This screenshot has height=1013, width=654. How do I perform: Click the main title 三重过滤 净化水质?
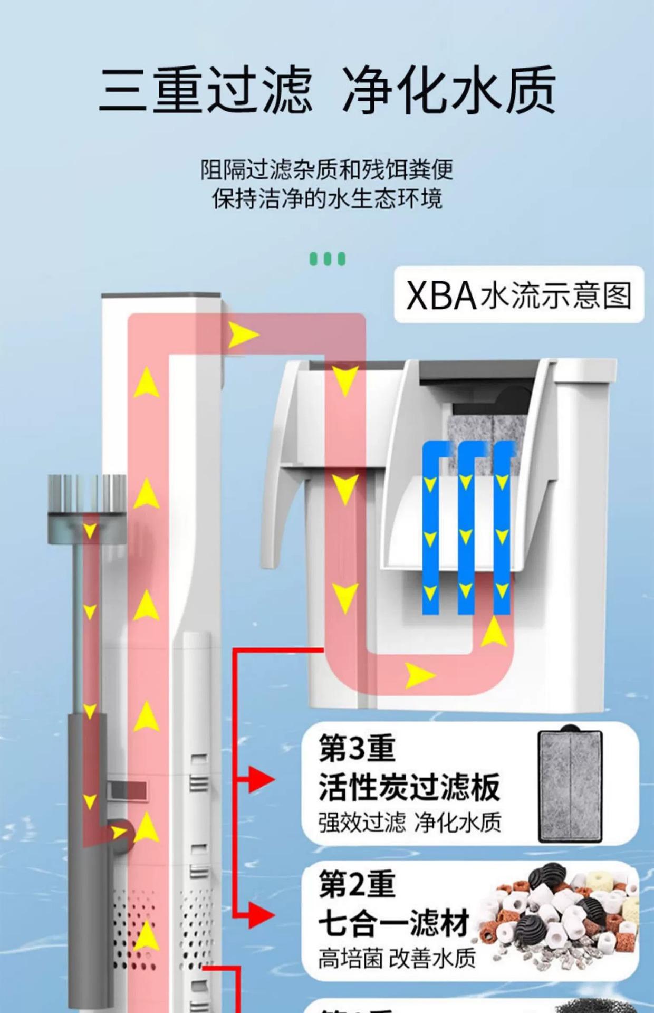327,90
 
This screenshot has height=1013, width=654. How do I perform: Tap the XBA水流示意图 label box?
519,295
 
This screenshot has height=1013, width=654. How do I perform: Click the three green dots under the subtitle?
327,259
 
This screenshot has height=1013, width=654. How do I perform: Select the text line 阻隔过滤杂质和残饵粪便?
327,170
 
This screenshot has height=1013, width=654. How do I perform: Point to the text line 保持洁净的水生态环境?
327,199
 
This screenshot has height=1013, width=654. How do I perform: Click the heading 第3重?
357,749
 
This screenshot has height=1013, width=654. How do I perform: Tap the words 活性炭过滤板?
409,787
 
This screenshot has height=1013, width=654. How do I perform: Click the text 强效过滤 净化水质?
409,823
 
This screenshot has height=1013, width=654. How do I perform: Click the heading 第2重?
357,885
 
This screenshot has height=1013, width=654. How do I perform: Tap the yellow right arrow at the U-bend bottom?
420,676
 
